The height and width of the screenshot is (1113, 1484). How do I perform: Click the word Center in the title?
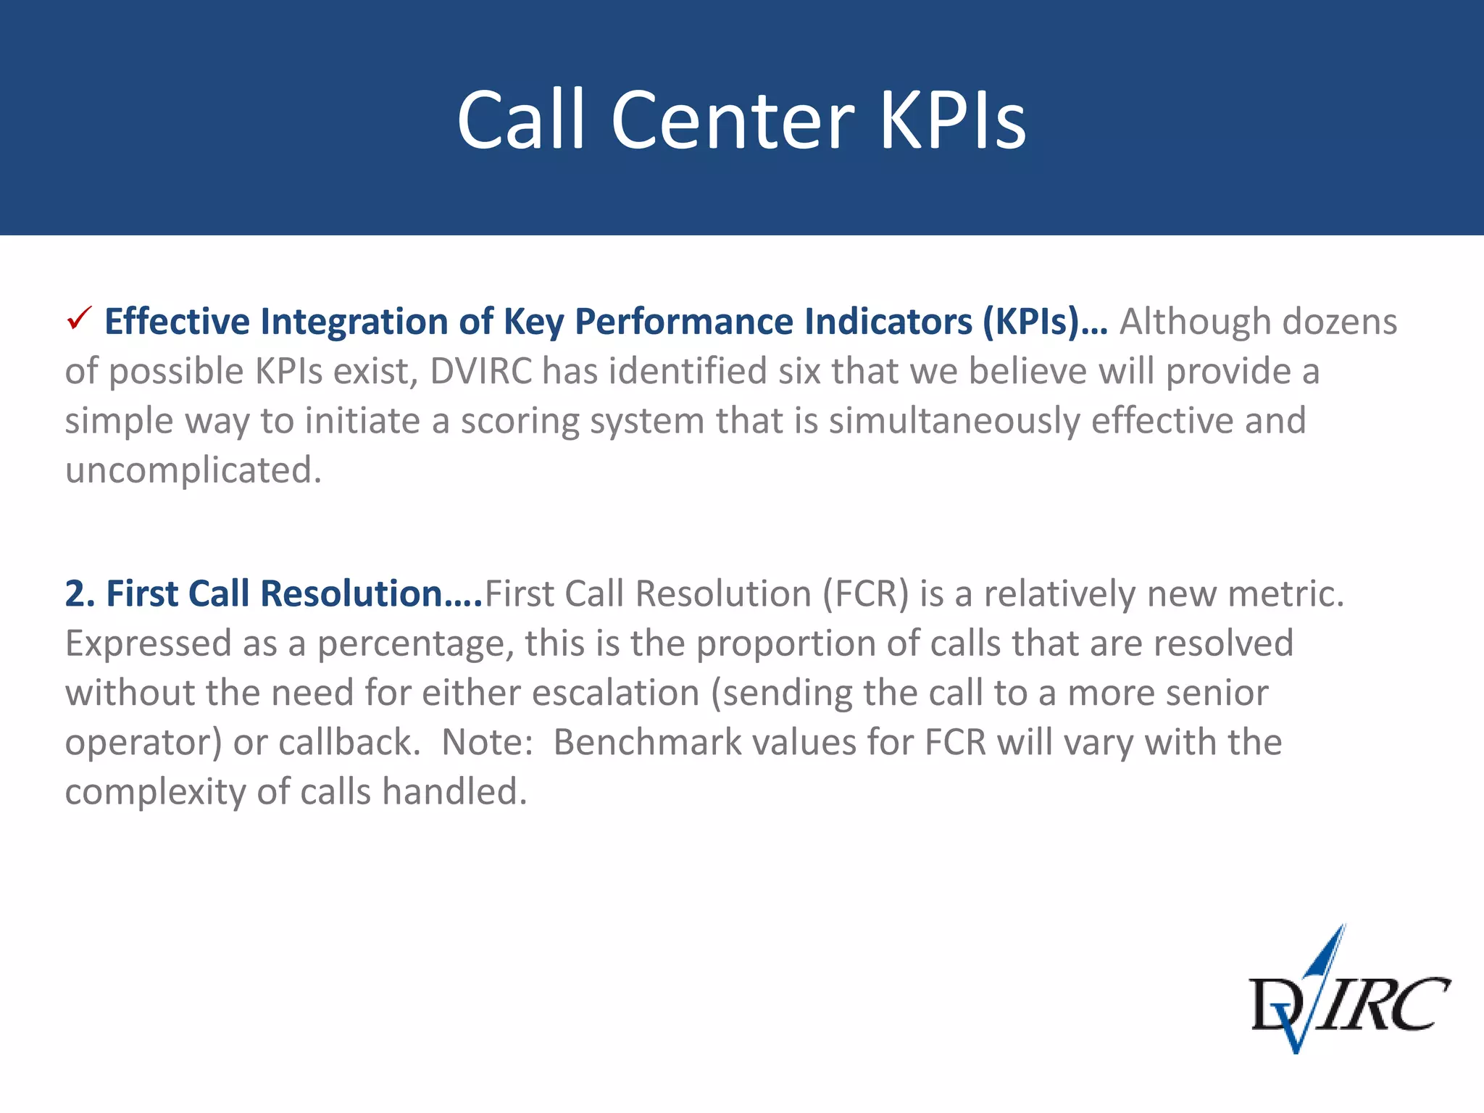(733, 121)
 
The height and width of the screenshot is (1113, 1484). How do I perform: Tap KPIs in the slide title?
(952, 121)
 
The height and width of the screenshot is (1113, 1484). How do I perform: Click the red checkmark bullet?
(78, 318)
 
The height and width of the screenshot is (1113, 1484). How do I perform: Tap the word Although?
(1196, 322)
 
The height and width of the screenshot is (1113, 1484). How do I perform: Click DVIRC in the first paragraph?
(481, 371)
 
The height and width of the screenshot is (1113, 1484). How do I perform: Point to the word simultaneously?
(954, 421)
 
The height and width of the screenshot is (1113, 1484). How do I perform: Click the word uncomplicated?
(193, 470)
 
